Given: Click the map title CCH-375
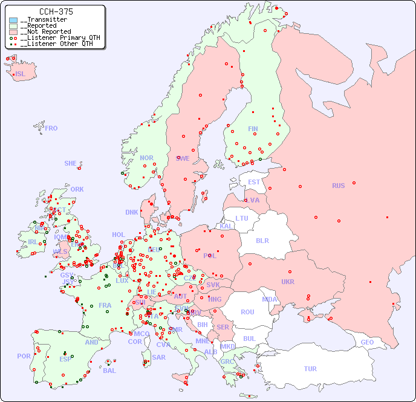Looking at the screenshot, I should click(x=56, y=11).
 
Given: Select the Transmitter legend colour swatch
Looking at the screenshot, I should click(x=13, y=20).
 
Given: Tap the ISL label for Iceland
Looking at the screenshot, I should click(x=21, y=74).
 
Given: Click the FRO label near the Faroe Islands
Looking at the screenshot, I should click(x=51, y=128).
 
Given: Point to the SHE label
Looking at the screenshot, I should click(x=71, y=163).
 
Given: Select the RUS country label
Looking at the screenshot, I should click(x=338, y=186).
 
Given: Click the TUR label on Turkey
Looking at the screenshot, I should click(x=310, y=369).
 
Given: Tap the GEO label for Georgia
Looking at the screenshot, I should click(x=367, y=342).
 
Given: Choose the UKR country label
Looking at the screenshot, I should click(x=288, y=282).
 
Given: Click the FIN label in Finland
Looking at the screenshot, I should click(x=253, y=129).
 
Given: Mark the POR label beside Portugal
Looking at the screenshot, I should click(x=24, y=356).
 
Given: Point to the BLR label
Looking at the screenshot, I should click(x=262, y=240).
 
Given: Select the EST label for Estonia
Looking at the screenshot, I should click(x=254, y=182).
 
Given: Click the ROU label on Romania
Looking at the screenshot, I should click(x=247, y=312).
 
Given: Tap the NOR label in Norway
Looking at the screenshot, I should click(x=146, y=158).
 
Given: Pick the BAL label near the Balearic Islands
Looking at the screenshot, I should click(x=109, y=371).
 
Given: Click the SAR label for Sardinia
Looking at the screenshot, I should click(x=159, y=357).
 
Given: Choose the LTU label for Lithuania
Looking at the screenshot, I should click(x=242, y=218).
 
